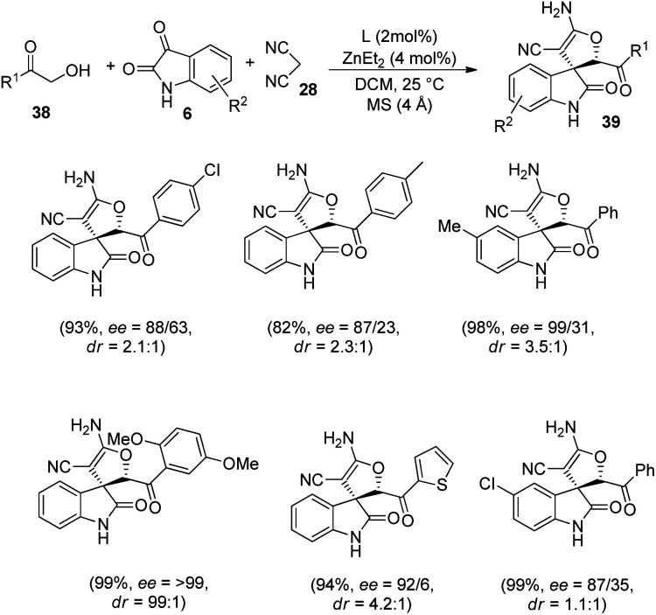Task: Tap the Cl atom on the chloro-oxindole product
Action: (448, 482)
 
